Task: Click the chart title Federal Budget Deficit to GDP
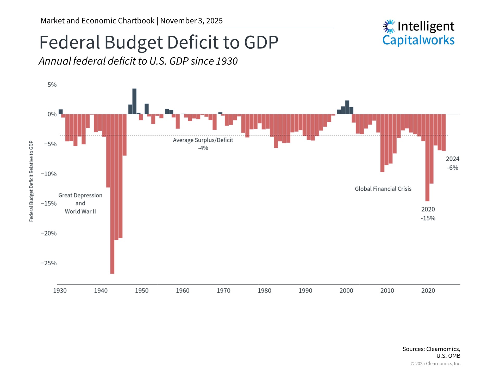click(x=159, y=42)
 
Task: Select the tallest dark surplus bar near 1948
click(x=134, y=101)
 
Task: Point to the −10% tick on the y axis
click(x=49, y=174)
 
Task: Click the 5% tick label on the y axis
click(x=52, y=85)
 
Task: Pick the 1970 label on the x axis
click(x=223, y=291)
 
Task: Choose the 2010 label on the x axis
click(x=387, y=291)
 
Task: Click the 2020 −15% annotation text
click(x=428, y=214)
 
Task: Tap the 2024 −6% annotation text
click(x=452, y=163)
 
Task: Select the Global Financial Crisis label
click(x=383, y=189)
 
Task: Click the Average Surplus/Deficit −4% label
click(x=203, y=144)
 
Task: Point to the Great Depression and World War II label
click(x=80, y=203)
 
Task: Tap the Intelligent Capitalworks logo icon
click(x=389, y=27)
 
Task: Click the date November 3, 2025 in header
click(x=191, y=21)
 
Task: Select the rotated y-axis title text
click(x=31, y=181)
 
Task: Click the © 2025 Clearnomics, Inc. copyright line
click(x=436, y=364)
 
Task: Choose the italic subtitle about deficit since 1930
click(x=138, y=61)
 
